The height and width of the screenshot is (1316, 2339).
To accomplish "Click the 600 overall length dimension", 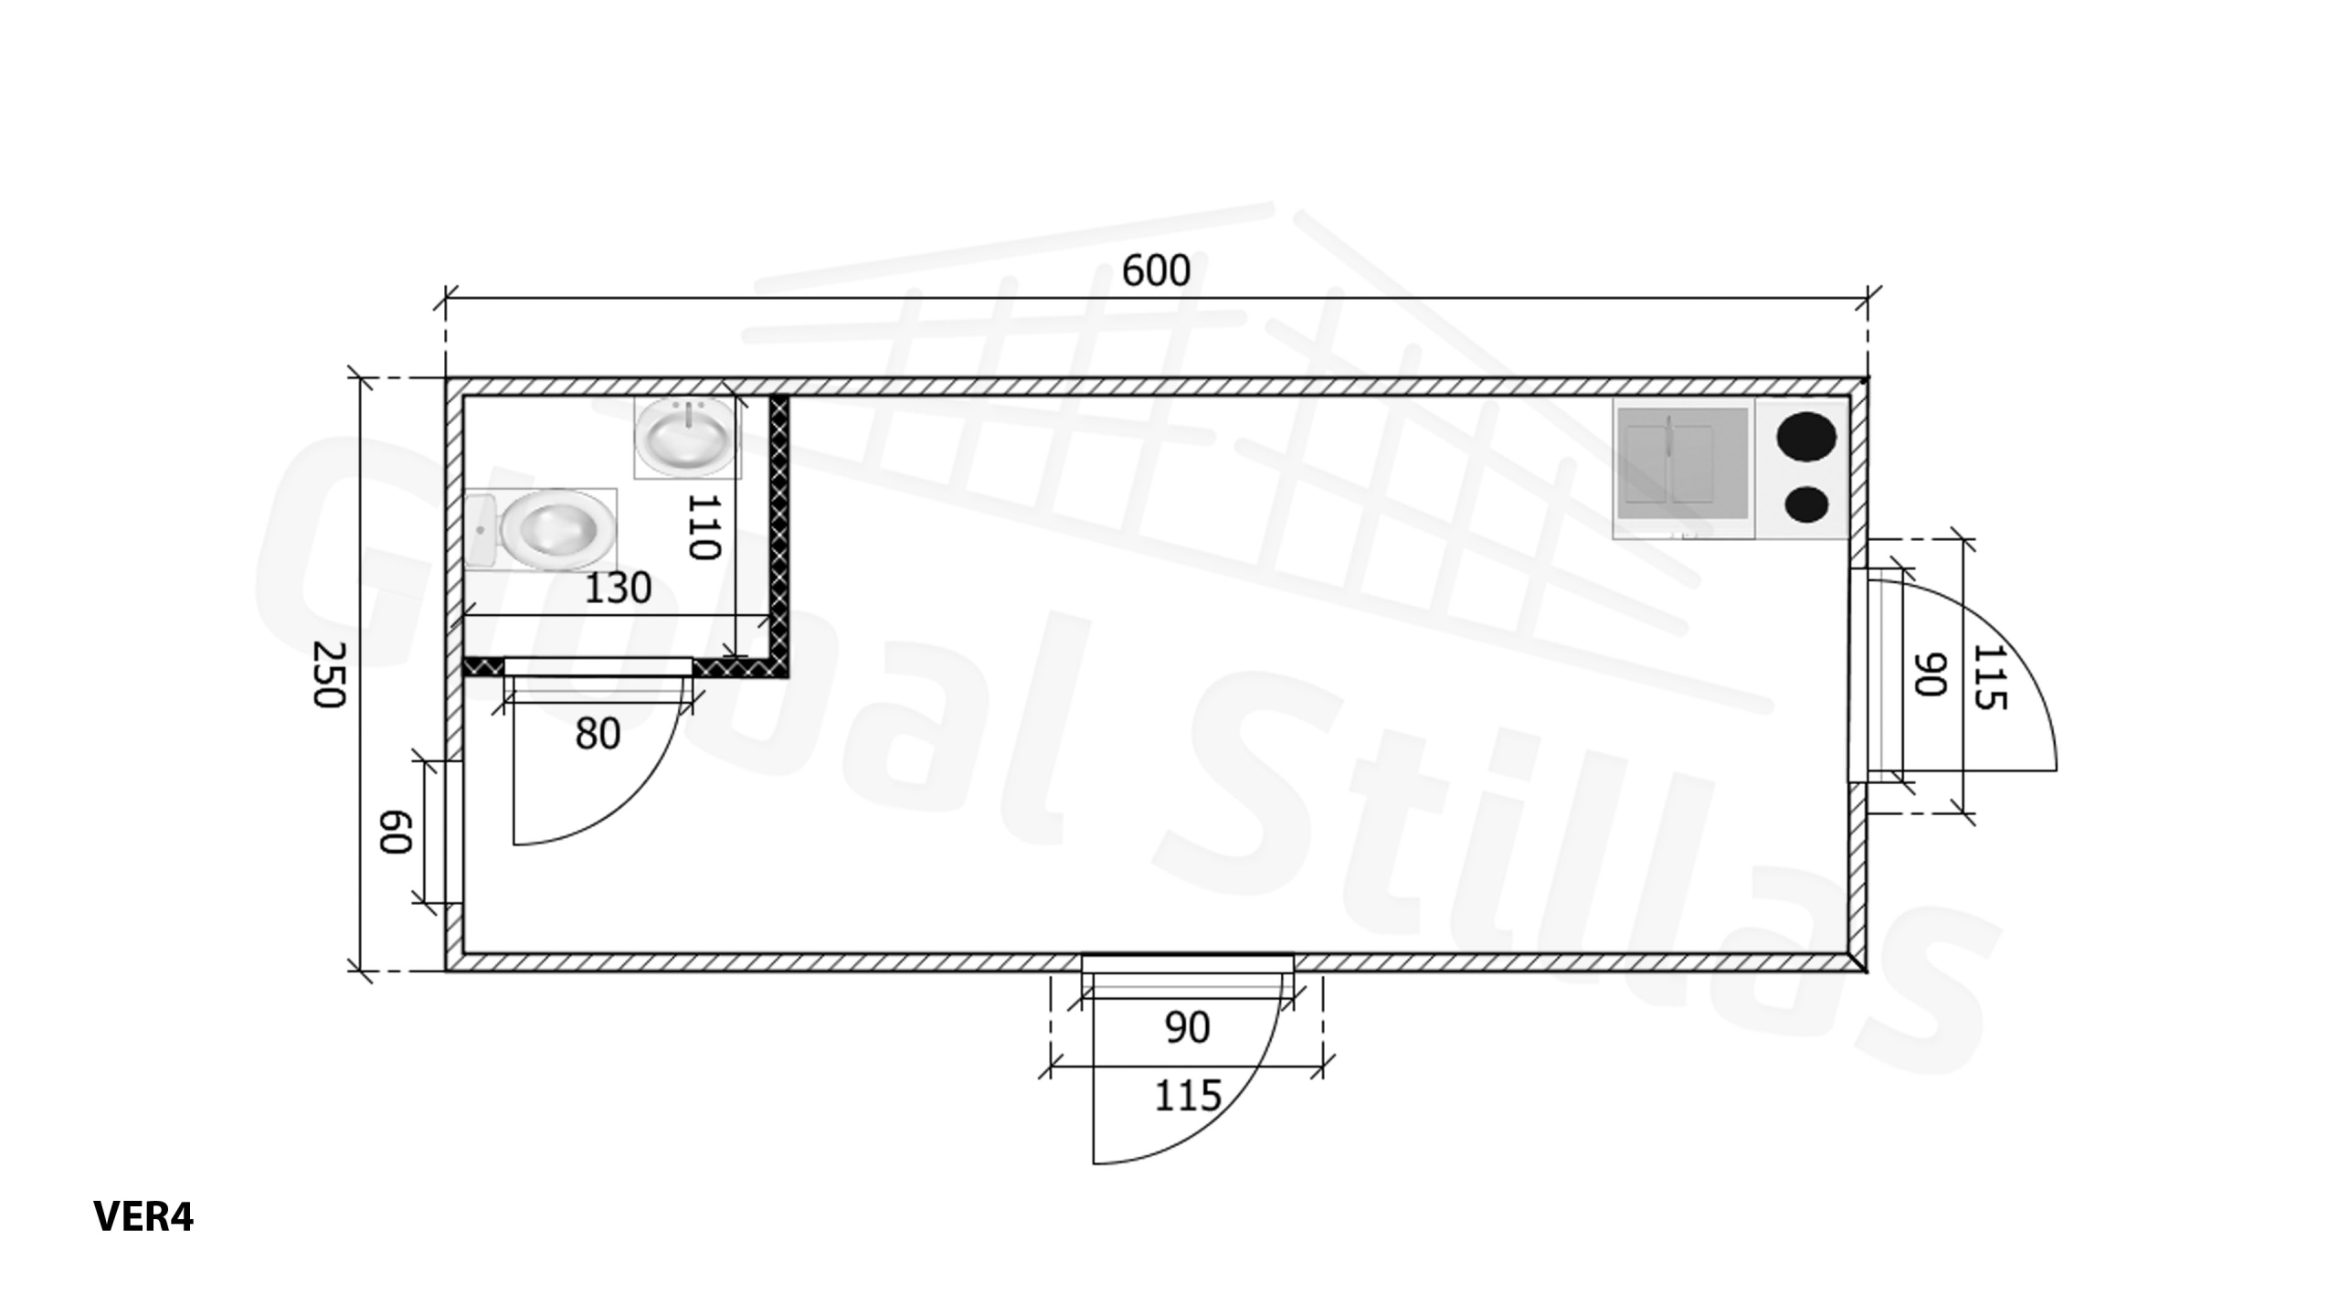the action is pos(1156,271).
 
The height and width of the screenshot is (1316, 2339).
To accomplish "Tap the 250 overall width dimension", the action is pos(329,674).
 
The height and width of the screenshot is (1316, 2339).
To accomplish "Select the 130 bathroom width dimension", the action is pos(618,588).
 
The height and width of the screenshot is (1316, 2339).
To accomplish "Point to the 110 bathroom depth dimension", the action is pos(704,526).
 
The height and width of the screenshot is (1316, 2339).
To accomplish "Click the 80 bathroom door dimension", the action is pos(598,733).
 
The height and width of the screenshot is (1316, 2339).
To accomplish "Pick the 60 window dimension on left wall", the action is pos(396,832).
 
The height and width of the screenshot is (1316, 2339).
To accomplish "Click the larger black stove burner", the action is pos(1806,437).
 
